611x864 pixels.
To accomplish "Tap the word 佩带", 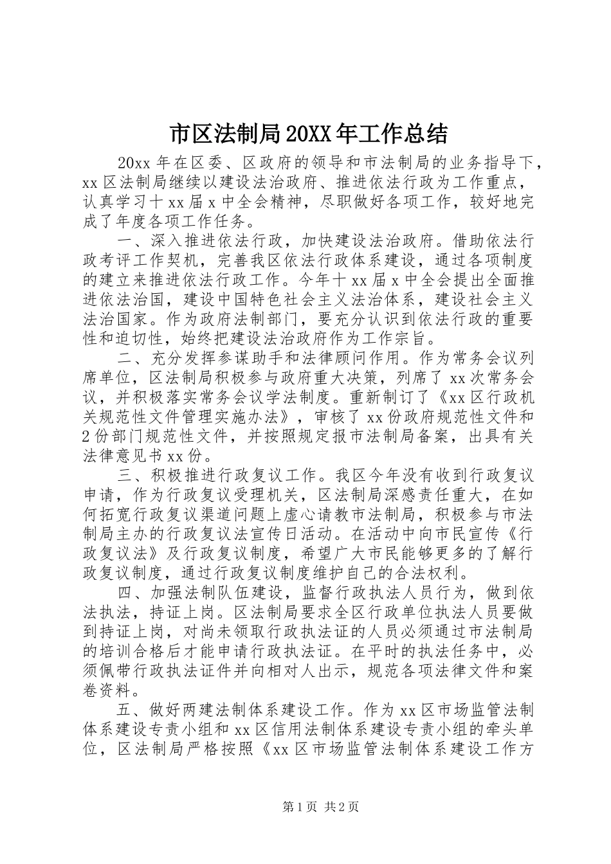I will point(111,671).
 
